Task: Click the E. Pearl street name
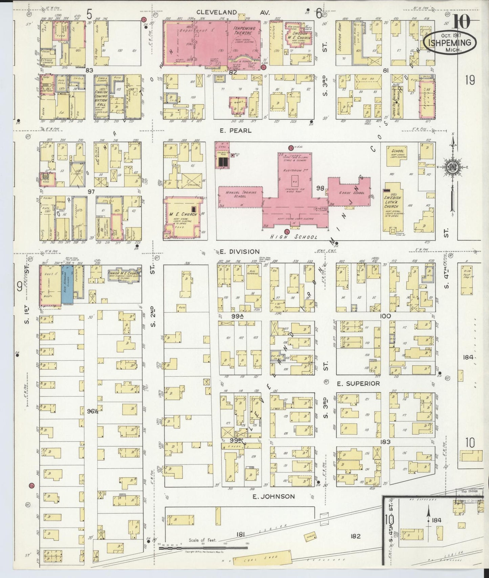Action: [236, 130]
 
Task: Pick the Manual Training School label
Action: [241, 194]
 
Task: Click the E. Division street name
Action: [240, 251]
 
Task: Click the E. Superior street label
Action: [358, 384]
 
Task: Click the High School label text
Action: [293, 237]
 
